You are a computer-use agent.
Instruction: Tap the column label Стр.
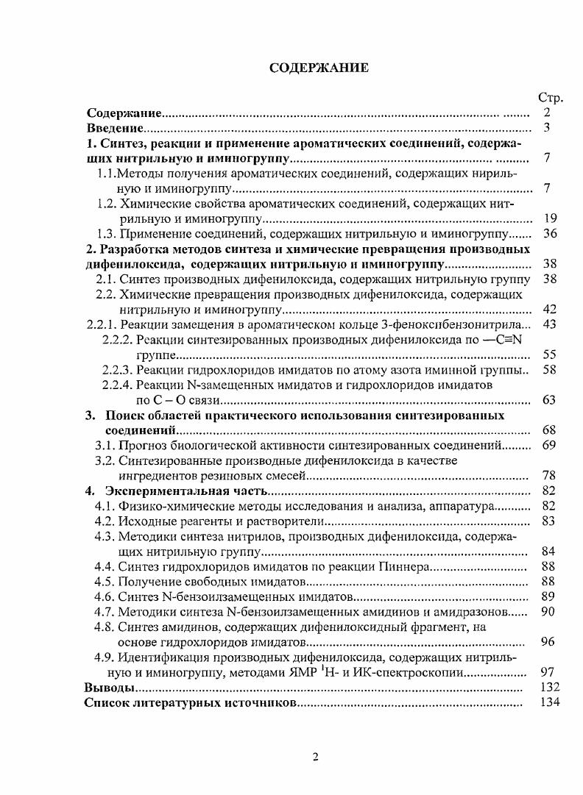[550, 98]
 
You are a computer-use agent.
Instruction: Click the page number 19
[548, 218]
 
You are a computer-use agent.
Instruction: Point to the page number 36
[548, 234]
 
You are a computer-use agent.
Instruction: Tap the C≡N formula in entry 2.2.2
[506, 340]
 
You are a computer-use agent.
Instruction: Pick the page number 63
[548, 400]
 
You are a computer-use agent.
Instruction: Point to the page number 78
[548, 476]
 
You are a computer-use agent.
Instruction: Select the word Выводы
[110, 688]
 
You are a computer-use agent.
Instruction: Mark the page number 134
[549, 703]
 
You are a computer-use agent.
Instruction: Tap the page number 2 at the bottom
[314, 758]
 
